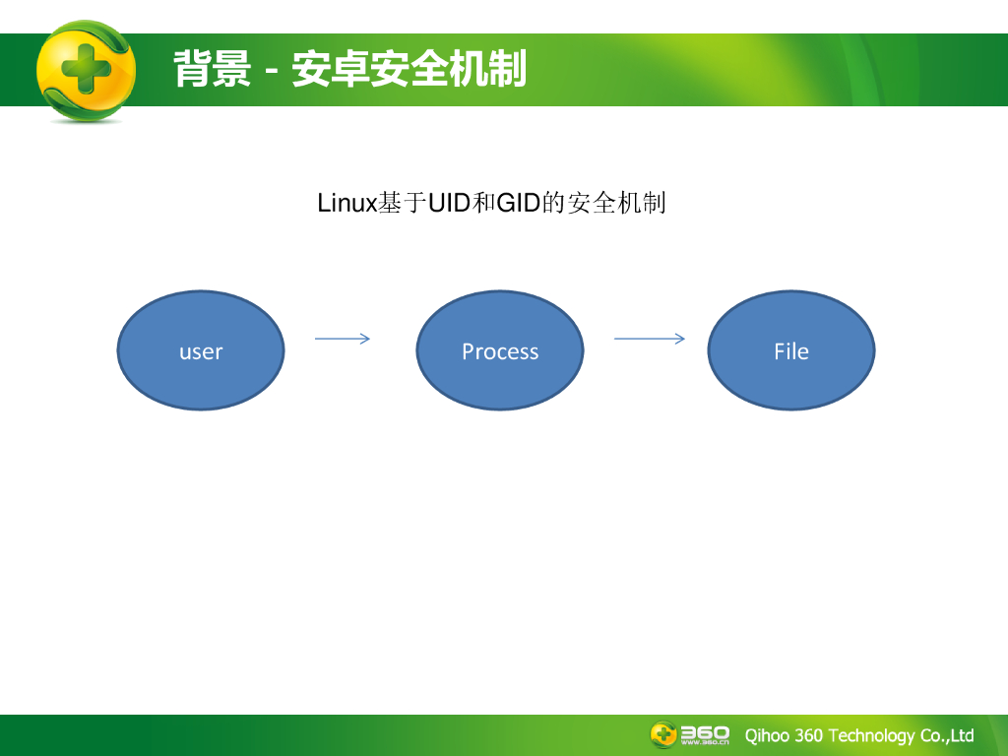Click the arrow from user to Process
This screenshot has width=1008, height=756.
pyautogui.click(x=343, y=339)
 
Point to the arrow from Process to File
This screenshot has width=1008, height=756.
pyautogui.click(x=650, y=339)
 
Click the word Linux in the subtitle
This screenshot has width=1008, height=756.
pyautogui.click(x=347, y=204)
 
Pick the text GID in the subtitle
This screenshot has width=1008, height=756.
pyautogui.click(x=519, y=204)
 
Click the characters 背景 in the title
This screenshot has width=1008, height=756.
pyautogui.click(x=213, y=70)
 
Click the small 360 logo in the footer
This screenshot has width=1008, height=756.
pyautogui.click(x=689, y=734)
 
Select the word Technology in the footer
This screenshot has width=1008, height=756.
pyautogui.click(x=871, y=735)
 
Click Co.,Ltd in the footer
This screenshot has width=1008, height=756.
pyautogui.click(x=947, y=735)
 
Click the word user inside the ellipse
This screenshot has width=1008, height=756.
pyautogui.click(x=201, y=351)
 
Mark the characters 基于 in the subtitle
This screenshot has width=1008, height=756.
pyautogui.click(x=403, y=204)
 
